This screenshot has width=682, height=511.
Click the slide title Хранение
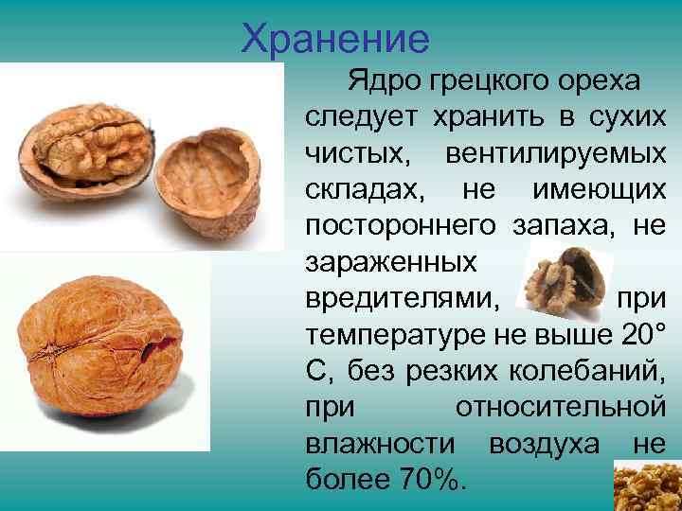pos(335,40)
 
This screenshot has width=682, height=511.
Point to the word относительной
pos(560,408)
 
